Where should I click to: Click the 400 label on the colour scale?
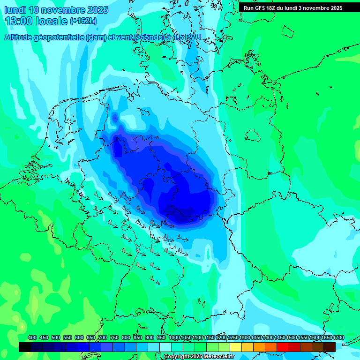(32, 337)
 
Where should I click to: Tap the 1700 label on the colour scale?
(338, 337)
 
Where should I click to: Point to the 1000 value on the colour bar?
(174, 337)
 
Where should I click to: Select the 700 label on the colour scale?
(103, 337)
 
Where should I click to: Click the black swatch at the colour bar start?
(24, 347)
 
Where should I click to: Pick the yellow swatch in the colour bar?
(236, 347)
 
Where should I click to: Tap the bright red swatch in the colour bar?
(283, 347)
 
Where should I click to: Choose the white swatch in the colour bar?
(165, 347)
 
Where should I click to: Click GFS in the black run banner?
(263, 8)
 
